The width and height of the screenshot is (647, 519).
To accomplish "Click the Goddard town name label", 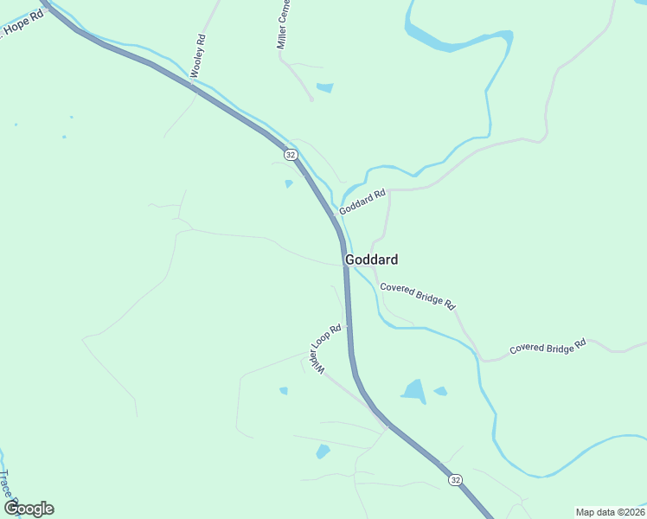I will [x=371, y=259].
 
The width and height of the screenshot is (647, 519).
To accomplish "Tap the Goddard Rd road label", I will [x=362, y=204].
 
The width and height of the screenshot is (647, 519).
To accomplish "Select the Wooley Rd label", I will [x=198, y=56].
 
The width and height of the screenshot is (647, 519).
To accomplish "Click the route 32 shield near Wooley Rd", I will [x=291, y=155].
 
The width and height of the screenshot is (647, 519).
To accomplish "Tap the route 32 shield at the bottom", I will [x=455, y=478].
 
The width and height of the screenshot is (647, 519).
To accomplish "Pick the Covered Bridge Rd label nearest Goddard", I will [x=417, y=297].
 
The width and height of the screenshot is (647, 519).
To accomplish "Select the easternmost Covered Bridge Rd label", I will [x=548, y=346].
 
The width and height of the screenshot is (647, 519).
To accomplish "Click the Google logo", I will [x=29, y=509].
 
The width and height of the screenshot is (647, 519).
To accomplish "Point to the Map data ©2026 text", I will [x=610, y=512].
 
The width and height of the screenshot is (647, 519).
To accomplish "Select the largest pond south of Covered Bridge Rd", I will [x=414, y=392].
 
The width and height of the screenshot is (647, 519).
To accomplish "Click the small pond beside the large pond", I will [x=440, y=391].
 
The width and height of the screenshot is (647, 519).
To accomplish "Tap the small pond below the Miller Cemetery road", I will [x=325, y=87].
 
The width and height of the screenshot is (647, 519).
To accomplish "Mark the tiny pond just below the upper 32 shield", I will [x=289, y=183].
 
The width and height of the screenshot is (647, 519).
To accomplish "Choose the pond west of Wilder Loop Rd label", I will [x=284, y=391].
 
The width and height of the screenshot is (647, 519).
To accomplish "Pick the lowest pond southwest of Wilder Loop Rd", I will [x=323, y=451].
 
